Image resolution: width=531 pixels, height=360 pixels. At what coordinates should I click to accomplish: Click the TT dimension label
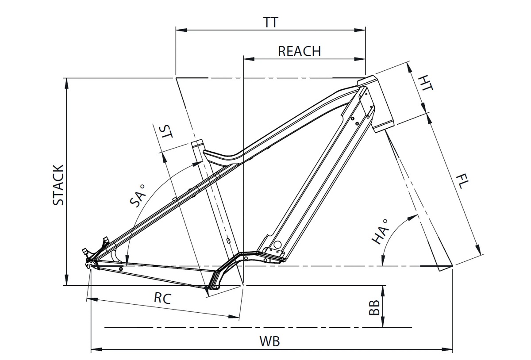pos(271,23)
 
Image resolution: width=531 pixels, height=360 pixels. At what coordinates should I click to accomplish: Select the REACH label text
pos(299,51)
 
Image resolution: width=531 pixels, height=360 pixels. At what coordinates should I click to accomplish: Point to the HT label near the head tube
pos(425,82)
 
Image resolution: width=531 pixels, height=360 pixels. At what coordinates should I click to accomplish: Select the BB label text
pos(374,308)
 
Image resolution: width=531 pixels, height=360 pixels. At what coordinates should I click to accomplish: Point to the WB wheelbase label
pos(270,341)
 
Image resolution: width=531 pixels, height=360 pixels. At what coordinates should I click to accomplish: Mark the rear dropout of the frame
pos(91,264)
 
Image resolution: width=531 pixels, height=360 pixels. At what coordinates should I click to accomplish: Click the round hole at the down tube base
pos(277,245)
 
